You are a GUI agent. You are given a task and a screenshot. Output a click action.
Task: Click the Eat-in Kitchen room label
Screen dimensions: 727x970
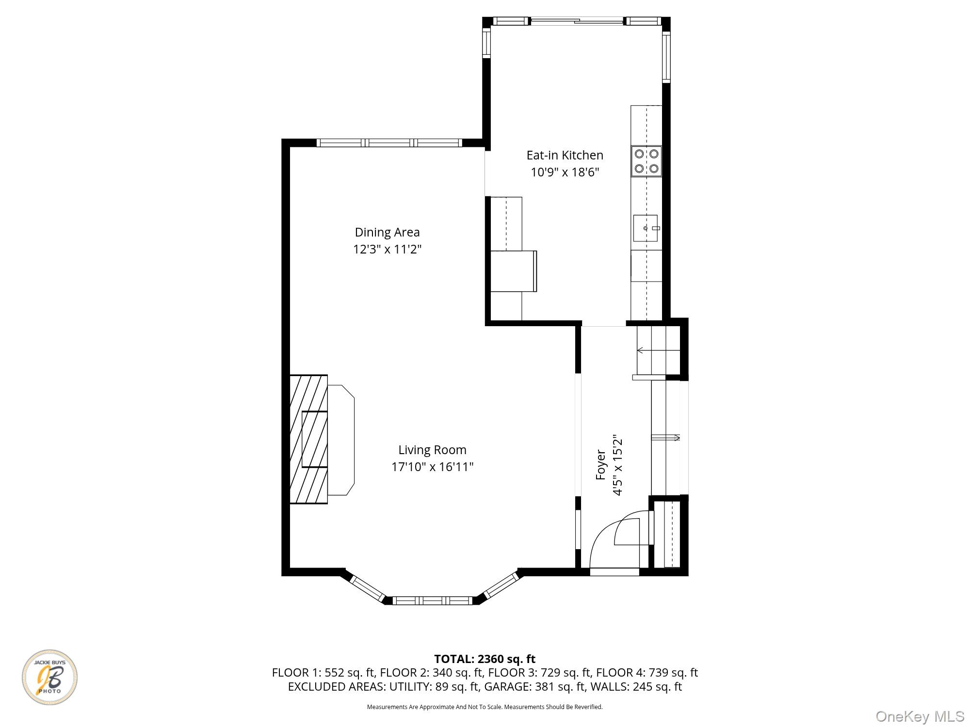pos(565,155)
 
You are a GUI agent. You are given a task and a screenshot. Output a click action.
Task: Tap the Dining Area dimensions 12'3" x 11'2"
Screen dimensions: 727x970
pos(387,250)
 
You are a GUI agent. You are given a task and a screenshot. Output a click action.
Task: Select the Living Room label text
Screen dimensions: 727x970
pos(432,450)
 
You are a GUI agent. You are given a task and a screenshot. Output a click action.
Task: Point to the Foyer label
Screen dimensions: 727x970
pos(600,465)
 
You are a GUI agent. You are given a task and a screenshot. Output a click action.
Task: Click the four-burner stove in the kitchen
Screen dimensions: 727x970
pos(647,161)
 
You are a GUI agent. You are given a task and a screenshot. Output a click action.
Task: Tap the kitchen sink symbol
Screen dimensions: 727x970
pos(646,228)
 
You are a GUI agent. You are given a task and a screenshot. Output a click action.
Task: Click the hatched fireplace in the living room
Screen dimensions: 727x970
pos(308,439)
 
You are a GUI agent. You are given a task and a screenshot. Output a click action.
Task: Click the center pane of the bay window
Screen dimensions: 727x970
pos(432,601)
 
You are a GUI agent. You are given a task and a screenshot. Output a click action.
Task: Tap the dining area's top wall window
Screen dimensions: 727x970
pos(389,142)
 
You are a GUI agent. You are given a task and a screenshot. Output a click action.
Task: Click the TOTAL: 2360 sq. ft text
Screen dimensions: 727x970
pos(485,659)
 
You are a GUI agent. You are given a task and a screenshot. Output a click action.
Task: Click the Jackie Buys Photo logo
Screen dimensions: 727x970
pos(49,677)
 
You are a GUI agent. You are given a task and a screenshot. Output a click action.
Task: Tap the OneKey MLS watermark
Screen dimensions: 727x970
pos(920,716)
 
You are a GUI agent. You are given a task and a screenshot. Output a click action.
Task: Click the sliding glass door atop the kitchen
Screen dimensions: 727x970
pos(576,21)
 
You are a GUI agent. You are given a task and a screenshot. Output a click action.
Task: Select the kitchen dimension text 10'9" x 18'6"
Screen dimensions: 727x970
pos(565,172)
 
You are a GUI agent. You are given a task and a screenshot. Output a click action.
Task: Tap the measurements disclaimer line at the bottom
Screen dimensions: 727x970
pos(485,707)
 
